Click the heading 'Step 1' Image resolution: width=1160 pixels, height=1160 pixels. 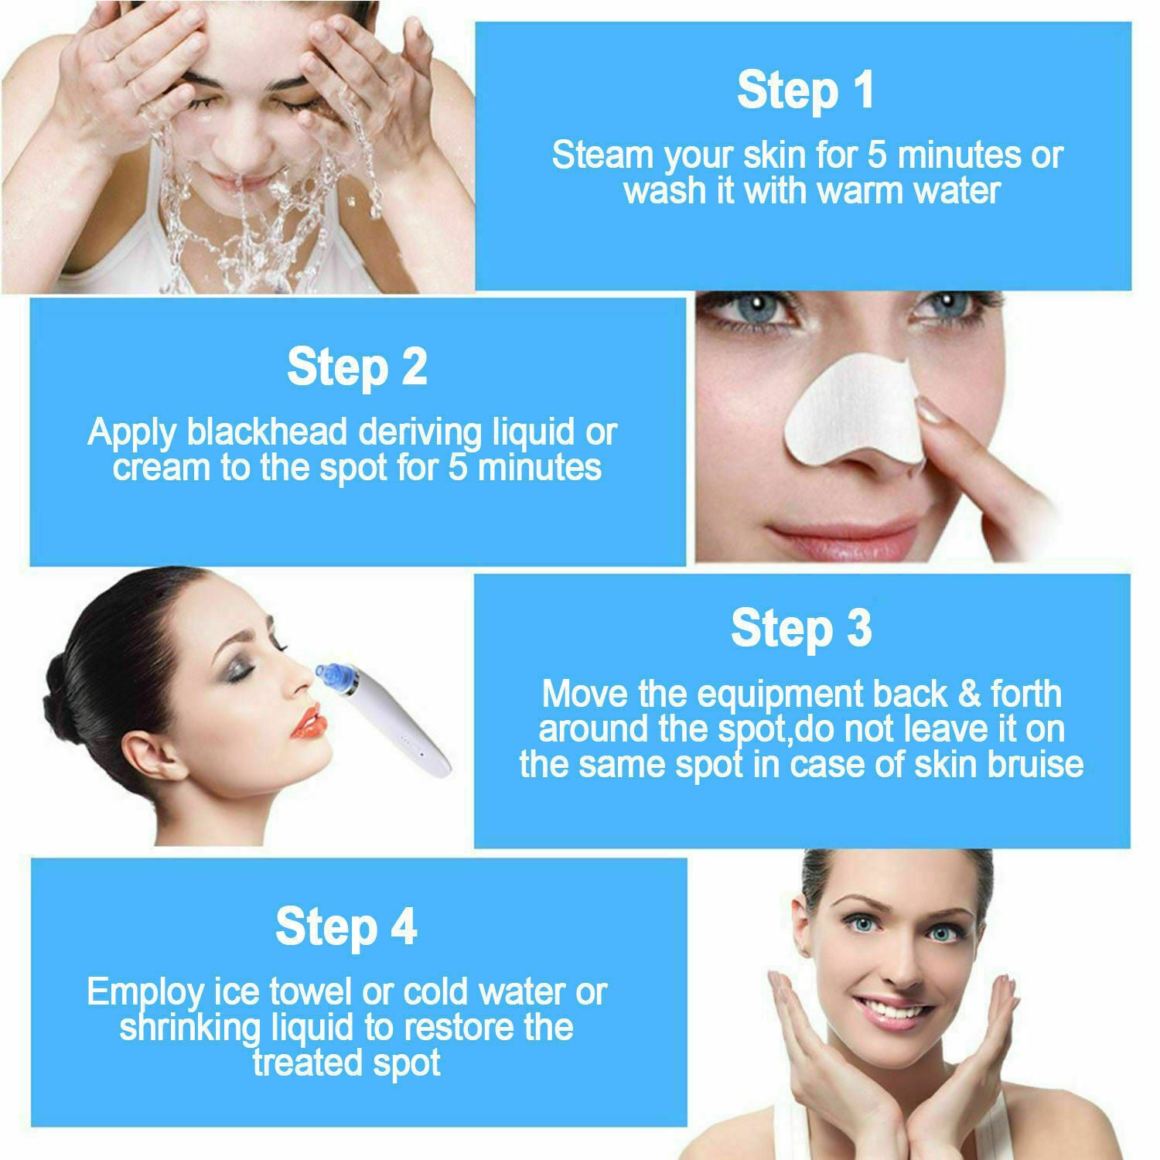point(805,90)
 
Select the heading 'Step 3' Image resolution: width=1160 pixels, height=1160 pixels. point(801,628)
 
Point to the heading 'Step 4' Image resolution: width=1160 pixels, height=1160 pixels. point(346,926)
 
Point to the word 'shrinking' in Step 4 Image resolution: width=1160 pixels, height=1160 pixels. point(190,1029)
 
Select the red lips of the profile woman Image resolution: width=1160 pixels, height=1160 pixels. point(309,722)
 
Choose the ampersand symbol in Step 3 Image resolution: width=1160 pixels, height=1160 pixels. point(970,694)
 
